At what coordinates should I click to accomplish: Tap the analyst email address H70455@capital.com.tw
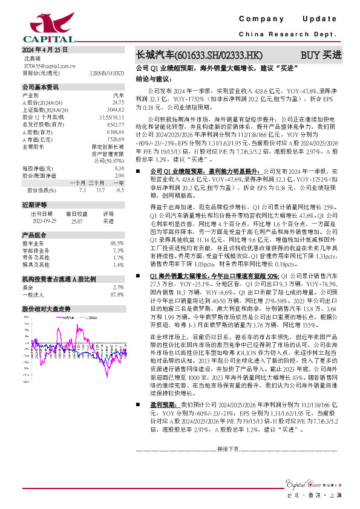53,65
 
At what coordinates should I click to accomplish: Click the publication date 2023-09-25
42,221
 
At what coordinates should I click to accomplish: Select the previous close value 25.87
77,221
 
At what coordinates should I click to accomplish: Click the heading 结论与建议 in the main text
154,79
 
